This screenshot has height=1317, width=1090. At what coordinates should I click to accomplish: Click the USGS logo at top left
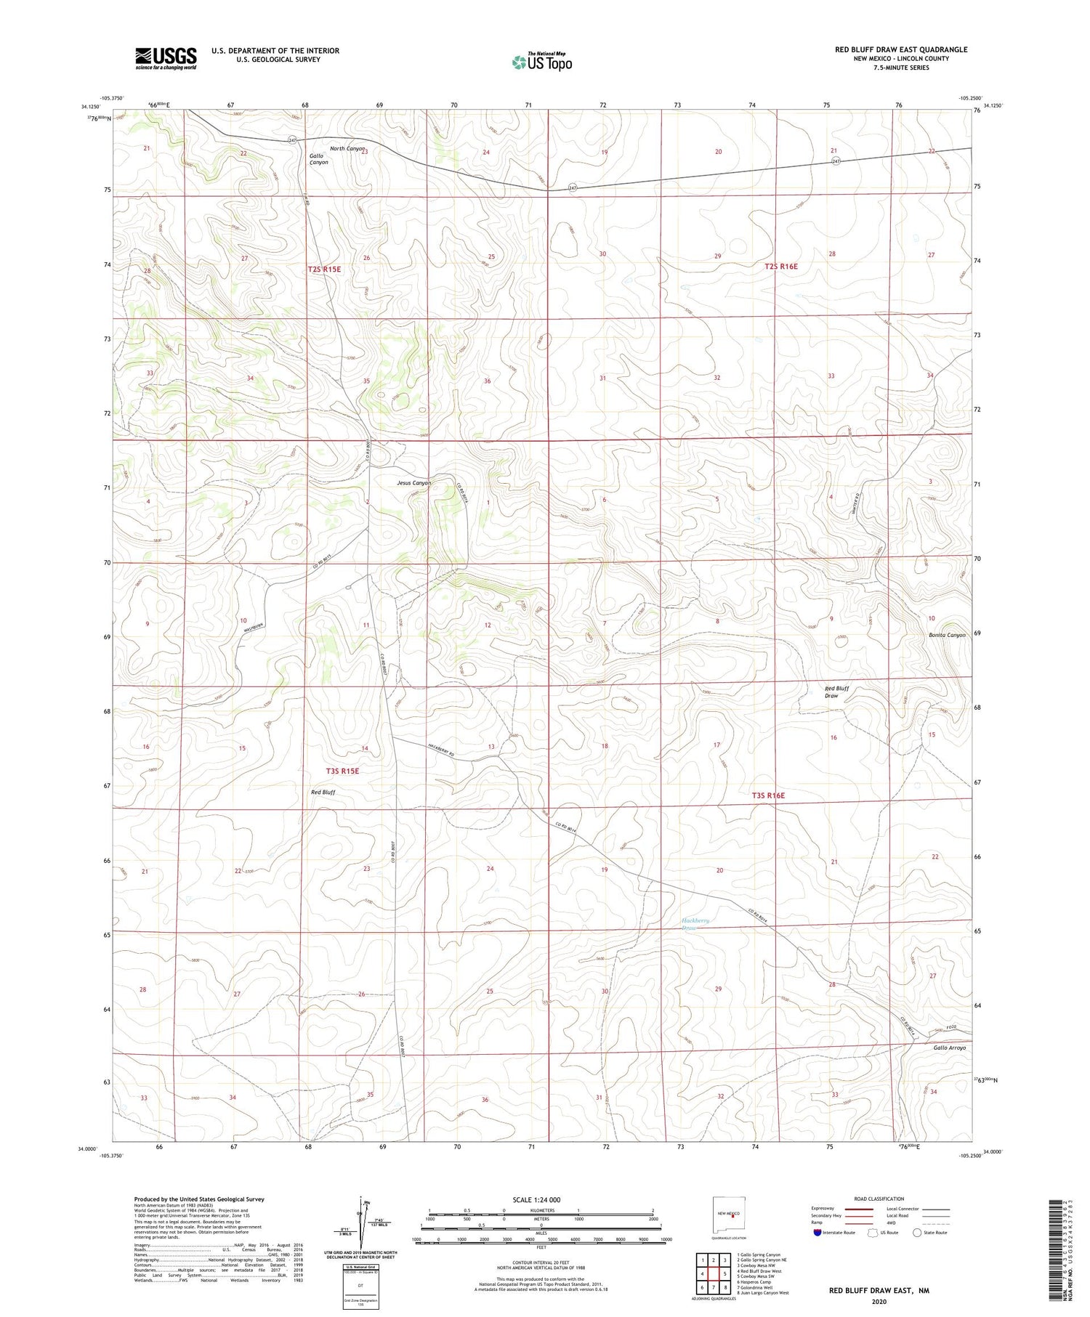coord(166,58)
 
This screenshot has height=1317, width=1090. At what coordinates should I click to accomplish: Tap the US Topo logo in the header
coord(541,62)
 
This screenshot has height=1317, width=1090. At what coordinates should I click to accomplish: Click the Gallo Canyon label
coord(318,159)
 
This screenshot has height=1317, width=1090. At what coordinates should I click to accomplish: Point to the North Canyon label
coord(347,149)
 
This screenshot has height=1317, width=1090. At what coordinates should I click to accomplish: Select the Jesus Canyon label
coord(413,483)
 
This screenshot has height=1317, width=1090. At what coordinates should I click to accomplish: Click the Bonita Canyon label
coord(947,635)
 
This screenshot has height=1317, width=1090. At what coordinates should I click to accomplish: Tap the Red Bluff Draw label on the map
coord(836,692)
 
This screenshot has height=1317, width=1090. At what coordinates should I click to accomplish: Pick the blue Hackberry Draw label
coord(695,924)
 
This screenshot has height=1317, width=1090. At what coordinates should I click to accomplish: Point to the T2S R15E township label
coord(324,269)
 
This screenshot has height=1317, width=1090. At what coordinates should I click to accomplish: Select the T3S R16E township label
coord(768,795)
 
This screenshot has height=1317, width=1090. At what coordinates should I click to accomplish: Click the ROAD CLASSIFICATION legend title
coord(879,1199)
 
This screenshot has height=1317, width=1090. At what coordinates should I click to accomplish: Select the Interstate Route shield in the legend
coord(817,1233)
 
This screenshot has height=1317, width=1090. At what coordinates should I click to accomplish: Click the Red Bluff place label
coord(323,792)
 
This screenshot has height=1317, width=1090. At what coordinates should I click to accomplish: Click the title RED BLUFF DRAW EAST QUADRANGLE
coord(901,49)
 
